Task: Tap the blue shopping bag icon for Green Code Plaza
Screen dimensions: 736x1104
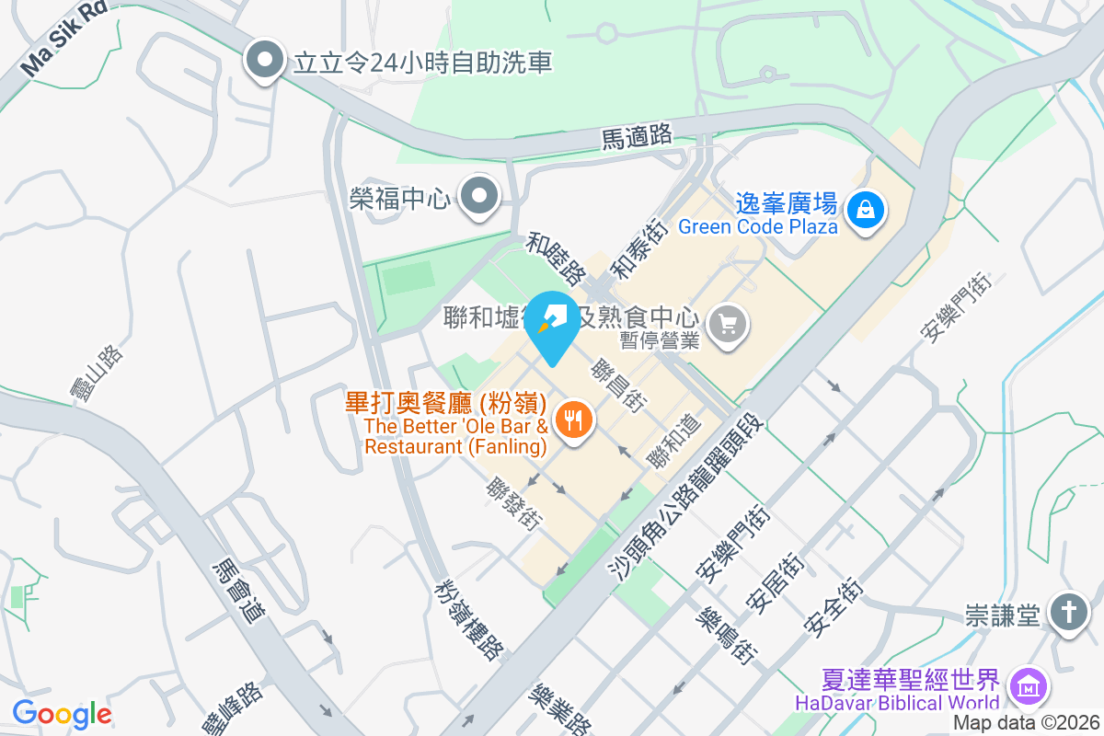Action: click(x=866, y=210)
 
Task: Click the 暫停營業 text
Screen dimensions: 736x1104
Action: click(x=660, y=340)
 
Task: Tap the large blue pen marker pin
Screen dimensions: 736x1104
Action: click(x=552, y=324)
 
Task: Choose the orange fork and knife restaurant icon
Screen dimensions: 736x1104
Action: click(x=575, y=421)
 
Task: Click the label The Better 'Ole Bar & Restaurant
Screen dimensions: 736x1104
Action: click(x=456, y=436)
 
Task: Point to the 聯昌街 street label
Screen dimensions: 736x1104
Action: click(x=620, y=384)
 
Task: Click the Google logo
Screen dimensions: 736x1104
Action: click(x=62, y=715)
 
